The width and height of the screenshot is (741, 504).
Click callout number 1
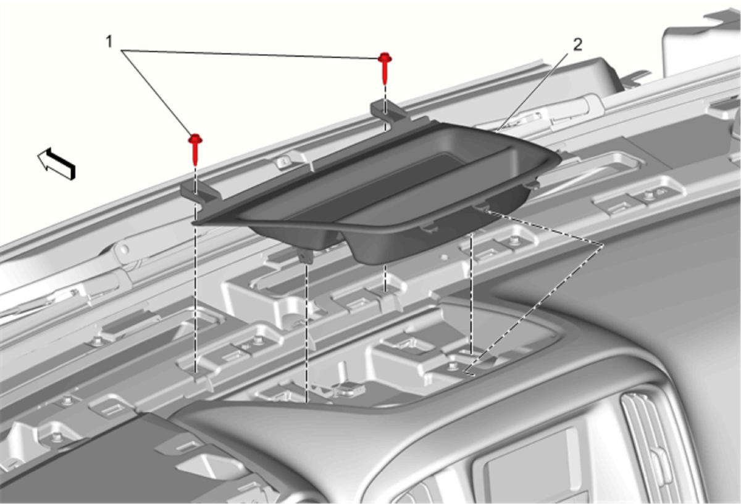click(109, 42)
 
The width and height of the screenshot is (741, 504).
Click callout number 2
click(577, 45)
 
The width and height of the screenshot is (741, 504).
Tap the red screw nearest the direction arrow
click(196, 149)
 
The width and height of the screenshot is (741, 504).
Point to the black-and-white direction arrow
click(57, 163)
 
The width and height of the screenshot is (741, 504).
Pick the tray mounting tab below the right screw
click(388, 112)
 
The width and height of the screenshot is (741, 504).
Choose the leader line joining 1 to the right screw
click(249, 54)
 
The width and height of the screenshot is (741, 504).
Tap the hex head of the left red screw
click(196, 139)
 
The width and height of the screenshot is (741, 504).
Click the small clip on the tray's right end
click(532, 184)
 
